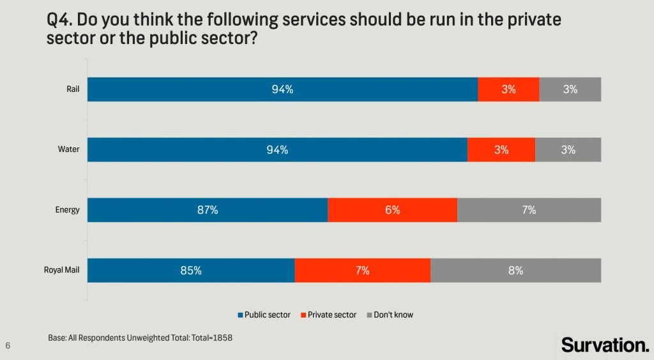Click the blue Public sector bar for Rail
[x=282, y=89]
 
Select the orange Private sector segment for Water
[x=501, y=150]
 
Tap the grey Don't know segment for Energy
[x=529, y=210]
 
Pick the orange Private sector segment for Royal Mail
[x=362, y=270]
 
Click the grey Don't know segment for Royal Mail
[x=515, y=270]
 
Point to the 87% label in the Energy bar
[x=208, y=210]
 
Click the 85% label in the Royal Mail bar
[x=191, y=270]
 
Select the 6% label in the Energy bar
[x=392, y=210]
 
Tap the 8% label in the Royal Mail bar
[x=515, y=270]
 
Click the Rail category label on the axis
[x=73, y=89]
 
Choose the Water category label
[x=68, y=150]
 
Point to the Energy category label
[x=67, y=210]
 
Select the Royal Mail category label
[x=61, y=270]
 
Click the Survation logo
[x=605, y=345]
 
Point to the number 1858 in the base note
[x=221, y=337]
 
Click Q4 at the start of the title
[x=60, y=20]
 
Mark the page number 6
[x=8, y=345]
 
